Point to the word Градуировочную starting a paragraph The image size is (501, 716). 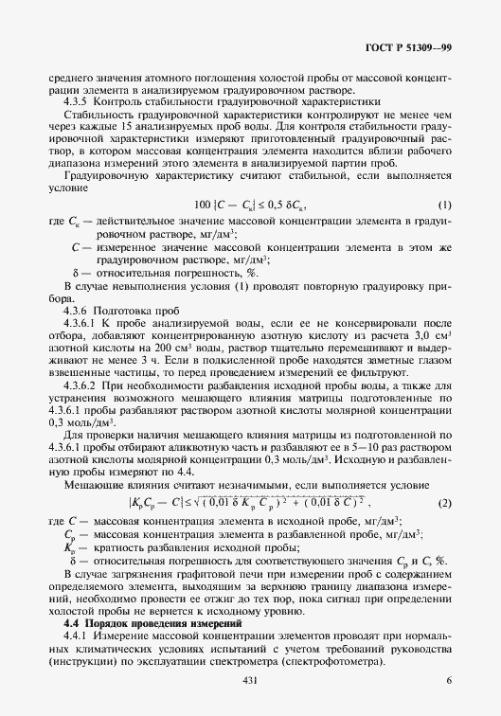click(x=104, y=175)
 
